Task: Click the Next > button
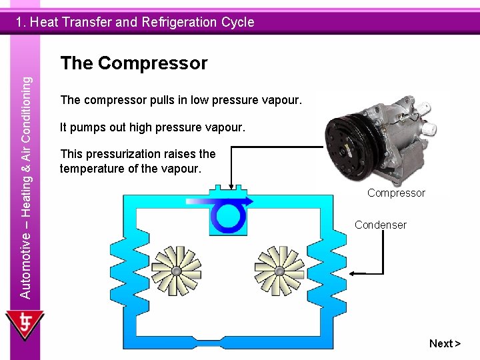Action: click(x=445, y=343)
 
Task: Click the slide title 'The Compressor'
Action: click(x=133, y=63)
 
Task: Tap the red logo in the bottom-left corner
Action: click(x=25, y=325)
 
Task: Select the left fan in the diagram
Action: click(x=177, y=271)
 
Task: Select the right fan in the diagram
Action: click(x=279, y=271)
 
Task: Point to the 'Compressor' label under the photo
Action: click(x=396, y=193)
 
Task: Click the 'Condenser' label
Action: click(x=380, y=225)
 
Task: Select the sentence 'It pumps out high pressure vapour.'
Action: click(x=153, y=127)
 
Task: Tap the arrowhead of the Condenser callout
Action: click(x=361, y=273)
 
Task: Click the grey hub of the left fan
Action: click(x=177, y=271)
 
